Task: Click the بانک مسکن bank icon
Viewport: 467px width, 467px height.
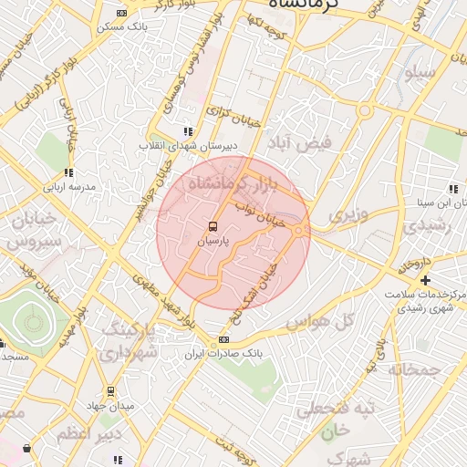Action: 122,13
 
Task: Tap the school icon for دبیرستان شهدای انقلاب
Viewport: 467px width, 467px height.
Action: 188,131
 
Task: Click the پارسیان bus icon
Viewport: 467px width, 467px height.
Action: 212,226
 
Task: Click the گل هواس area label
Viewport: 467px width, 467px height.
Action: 319,323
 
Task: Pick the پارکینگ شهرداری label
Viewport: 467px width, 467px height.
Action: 128,339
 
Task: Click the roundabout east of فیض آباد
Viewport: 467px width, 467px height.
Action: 364,111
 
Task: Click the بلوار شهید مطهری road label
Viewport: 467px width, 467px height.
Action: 164,307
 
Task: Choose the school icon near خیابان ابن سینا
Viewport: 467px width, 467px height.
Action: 453,190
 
